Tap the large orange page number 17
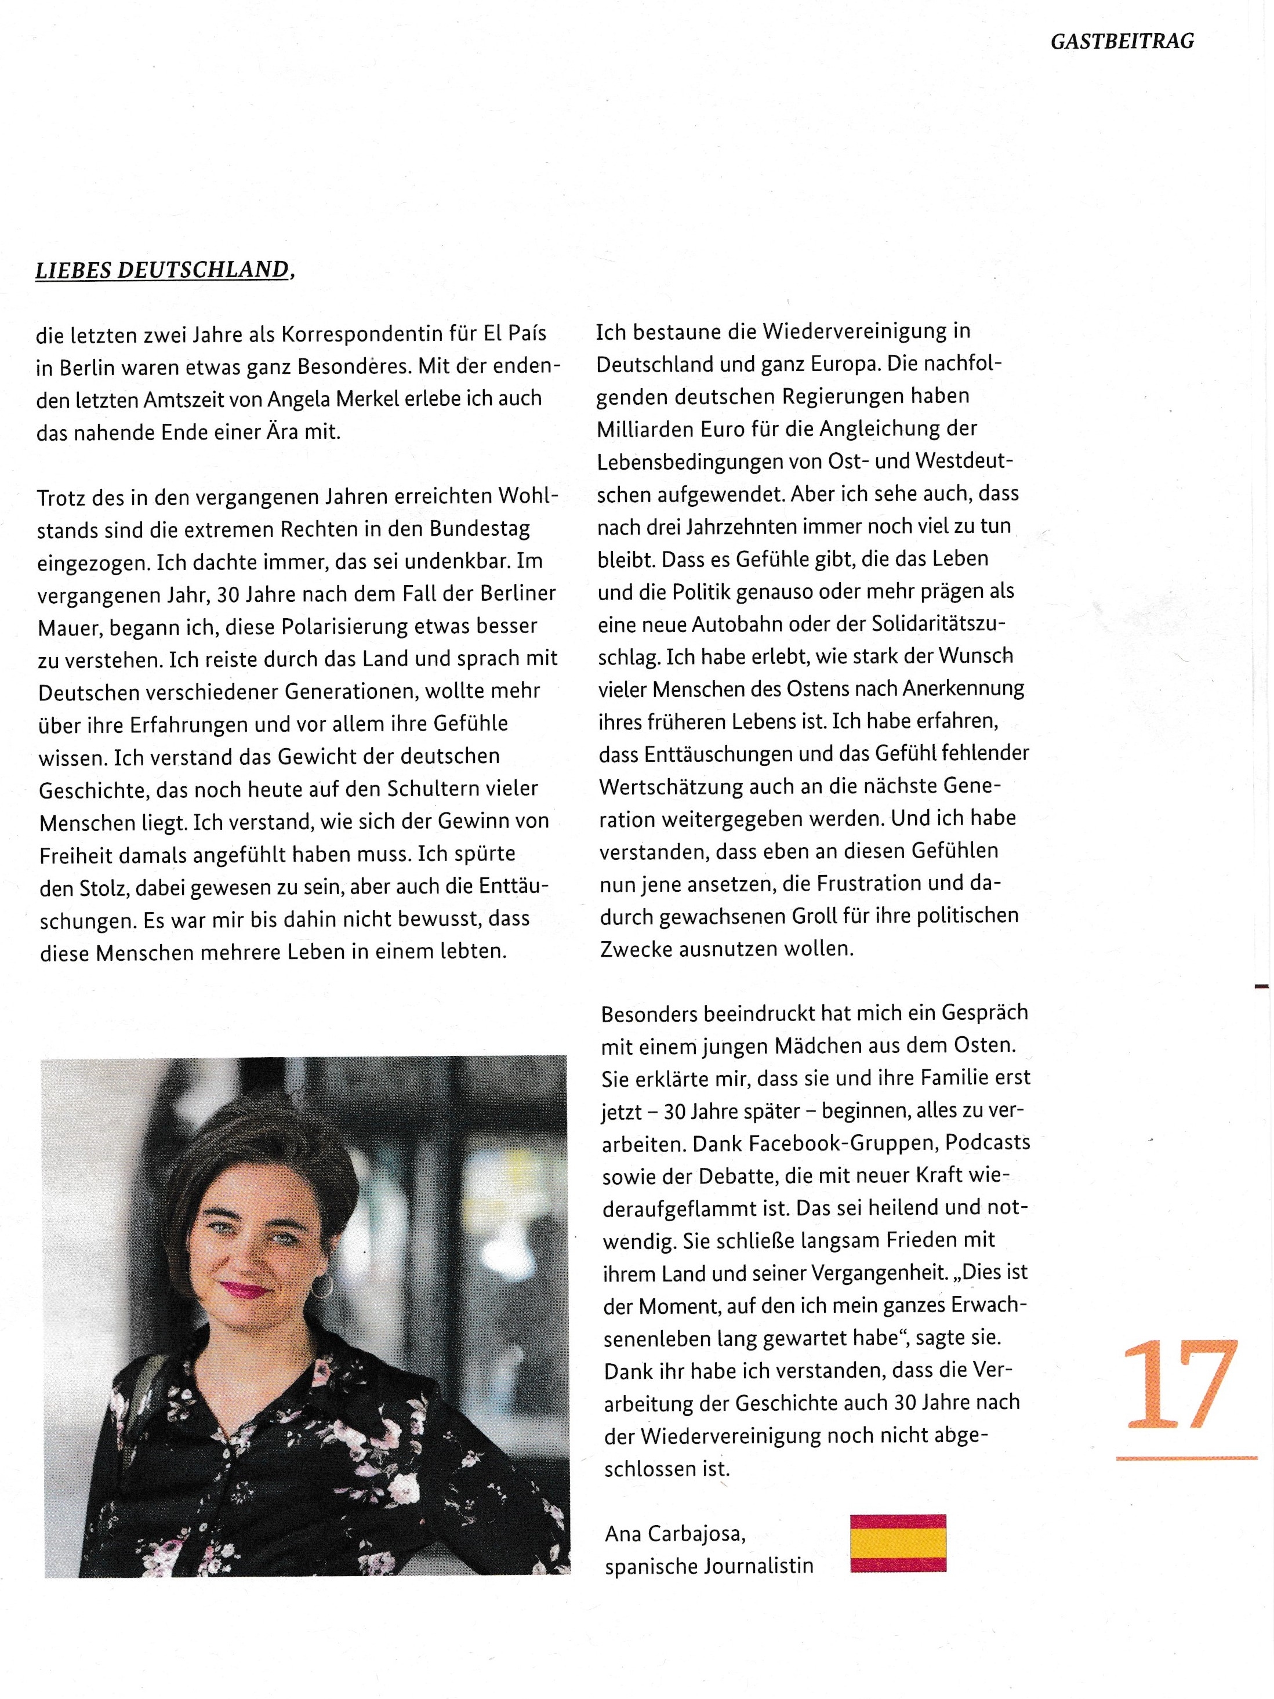[1180, 1385]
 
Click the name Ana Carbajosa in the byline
[675, 1534]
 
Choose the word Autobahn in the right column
[741, 624]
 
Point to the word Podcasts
[987, 1142]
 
